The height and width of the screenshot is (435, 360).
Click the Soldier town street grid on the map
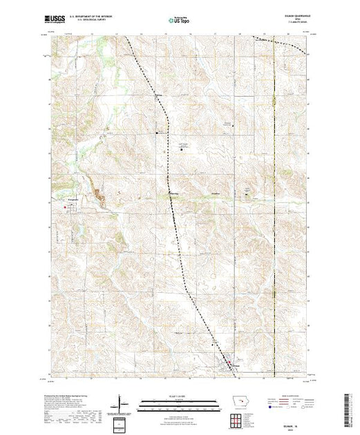(x=227, y=367)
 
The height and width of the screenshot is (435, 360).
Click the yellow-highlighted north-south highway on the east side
(x=274, y=207)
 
